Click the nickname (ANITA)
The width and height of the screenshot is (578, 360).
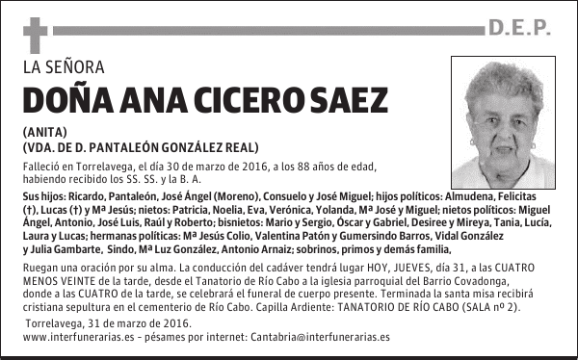tap(43, 132)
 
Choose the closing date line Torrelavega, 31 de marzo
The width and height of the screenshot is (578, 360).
tap(82, 322)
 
